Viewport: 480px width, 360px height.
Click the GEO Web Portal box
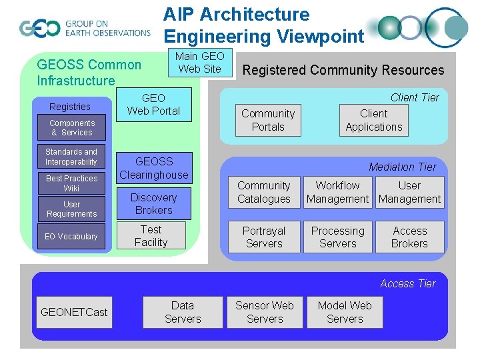153,105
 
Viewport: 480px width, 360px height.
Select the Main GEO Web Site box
199,63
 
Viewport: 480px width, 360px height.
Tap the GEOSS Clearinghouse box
153,168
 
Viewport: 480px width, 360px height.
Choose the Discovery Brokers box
153,204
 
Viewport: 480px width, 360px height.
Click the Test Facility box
151,236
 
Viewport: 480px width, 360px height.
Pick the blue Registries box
70,107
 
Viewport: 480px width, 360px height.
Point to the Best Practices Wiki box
71,183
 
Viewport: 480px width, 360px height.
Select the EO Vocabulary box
71,237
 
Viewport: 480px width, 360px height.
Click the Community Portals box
268,121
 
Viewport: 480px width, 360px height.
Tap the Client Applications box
373,121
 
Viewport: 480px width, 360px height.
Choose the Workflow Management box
337,192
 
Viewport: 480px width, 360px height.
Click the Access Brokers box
409,237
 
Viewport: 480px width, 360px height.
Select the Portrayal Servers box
264,237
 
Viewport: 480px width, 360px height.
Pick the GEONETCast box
74,312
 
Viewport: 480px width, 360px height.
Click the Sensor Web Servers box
264,312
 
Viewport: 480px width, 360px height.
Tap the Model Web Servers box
345,312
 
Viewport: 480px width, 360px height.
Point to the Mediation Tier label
402,167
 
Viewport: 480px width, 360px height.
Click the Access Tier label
407,283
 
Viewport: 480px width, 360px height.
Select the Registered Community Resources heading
343,70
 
